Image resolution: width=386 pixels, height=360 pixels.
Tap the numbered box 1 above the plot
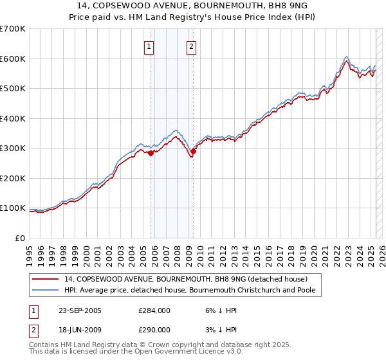149,46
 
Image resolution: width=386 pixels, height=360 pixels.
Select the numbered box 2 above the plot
192,46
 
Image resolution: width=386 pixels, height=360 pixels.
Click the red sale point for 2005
151,153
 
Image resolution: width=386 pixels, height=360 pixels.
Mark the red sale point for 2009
193,151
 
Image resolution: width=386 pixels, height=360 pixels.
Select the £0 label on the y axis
19,239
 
